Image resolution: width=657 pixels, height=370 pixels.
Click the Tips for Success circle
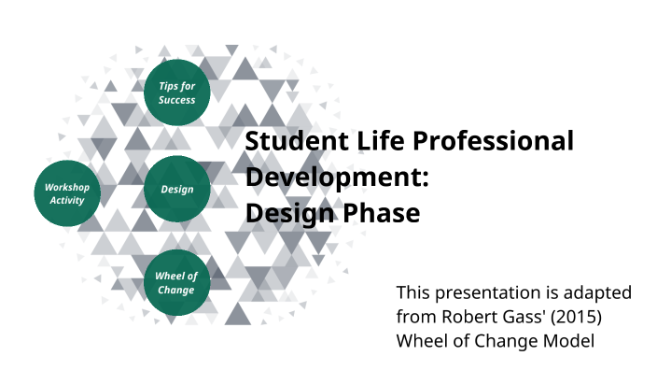(x=177, y=93)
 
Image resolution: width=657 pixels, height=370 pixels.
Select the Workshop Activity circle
(x=65, y=193)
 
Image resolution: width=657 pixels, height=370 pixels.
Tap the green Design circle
(x=177, y=190)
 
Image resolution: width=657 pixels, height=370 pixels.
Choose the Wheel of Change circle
(x=176, y=282)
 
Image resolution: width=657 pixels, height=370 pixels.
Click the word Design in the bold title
(x=285, y=214)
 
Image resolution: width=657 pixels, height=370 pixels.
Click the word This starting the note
(x=413, y=292)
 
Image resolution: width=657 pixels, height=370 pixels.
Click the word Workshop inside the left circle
(x=66, y=187)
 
